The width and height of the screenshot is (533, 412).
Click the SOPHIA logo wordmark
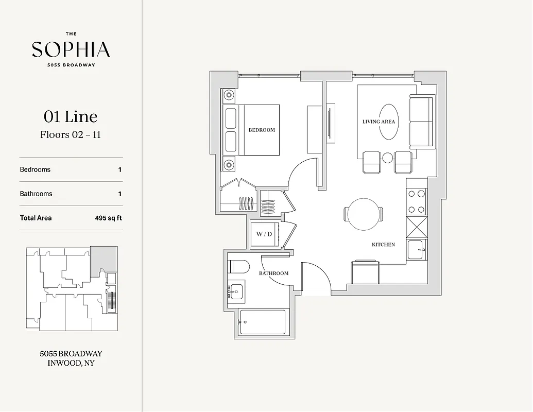pyautogui.click(x=71, y=49)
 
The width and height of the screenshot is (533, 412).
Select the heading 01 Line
pyautogui.click(x=71, y=117)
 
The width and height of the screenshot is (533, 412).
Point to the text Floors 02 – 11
pyautogui.click(x=71, y=135)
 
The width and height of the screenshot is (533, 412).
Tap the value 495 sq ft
pyautogui.click(x=108, y=218)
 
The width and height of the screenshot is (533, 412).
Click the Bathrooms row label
pyautogui.click(x=36, y=194)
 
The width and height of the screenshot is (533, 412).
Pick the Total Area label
pyautogui.click(x=36, y=218)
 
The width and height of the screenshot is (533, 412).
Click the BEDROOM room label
pyautogui.click(x=262, y=130)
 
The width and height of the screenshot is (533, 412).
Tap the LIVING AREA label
pyautogui.click(x=379, y=122)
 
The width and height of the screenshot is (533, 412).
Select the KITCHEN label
pyautogui.click(x=383, y=245)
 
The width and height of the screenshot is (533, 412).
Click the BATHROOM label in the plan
pyautogui.click(x=273, y=273)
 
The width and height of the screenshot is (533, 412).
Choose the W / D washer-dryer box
pyautogui.click(x=264, y=234)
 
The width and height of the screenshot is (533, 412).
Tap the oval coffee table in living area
pyautogui.click(x=389, y=122)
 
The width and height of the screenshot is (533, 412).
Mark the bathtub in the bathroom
pyautogui.click(x=262, y=322)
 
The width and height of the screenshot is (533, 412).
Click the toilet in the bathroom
pyautogui.click(x=238, y=267)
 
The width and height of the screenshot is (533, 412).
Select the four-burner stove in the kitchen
pyautogui.click(x=416, y=202)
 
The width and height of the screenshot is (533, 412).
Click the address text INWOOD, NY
pyautogui.click(x=71, y=363)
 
